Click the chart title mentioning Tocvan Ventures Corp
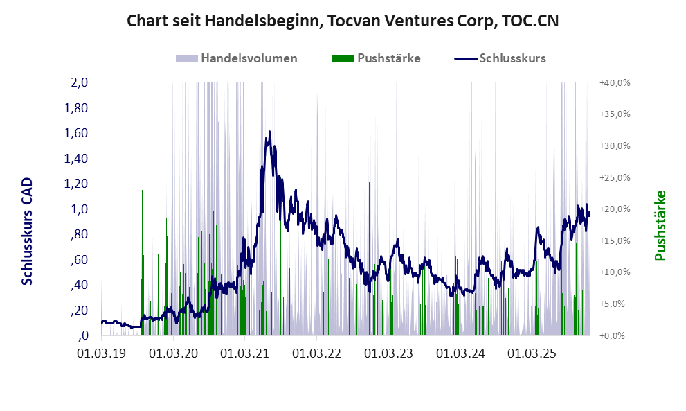[x=343, y=21]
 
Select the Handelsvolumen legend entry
[x=249, y=58]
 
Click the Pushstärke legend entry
[x=388, y=58]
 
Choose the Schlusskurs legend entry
[x=512, y=58]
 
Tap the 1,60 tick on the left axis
[x=76, y=133]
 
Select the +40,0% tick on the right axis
[x=614, y=82]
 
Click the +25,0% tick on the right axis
[x=614, y=177]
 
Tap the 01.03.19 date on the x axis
[x=102, y=353]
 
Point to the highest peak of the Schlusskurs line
[x=269, y=131]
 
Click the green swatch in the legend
[x=343, y=58]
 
